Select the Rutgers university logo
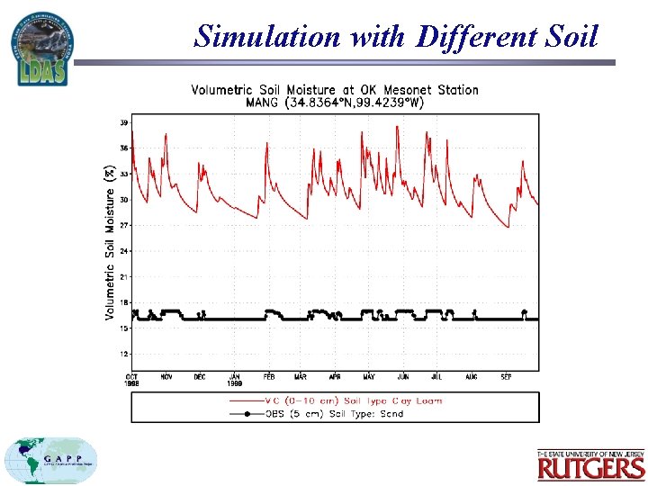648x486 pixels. coord(591,464)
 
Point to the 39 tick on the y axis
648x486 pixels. coord(123,121)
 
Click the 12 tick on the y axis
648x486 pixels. coord(123,354)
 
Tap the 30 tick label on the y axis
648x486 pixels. coord(123,199)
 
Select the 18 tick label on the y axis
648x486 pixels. coord(123,302)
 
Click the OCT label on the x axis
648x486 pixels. coord(132,376)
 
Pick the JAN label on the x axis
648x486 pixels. coord(235,376)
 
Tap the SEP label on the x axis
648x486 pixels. coord(507,376)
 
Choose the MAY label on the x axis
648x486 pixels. coord(369,376)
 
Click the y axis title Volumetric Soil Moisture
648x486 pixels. coord(110,241)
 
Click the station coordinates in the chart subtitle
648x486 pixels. coord(353,103)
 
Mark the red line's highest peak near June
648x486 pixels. coord(397,127)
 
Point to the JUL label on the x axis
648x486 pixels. coord(436,376)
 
